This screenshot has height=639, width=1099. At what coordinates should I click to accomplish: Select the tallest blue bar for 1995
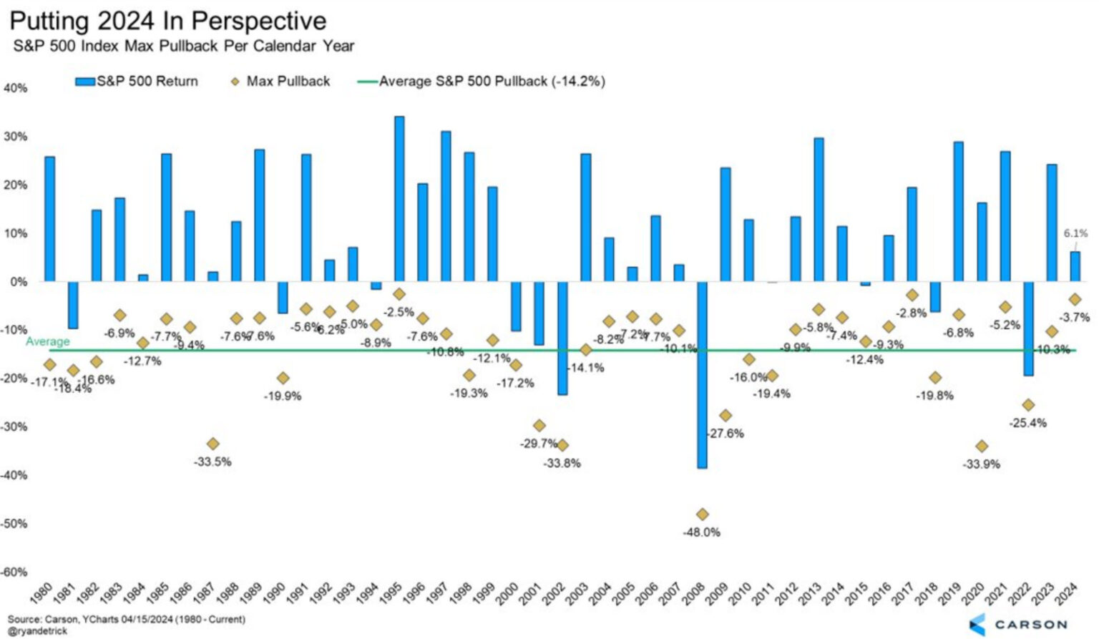point(399,198)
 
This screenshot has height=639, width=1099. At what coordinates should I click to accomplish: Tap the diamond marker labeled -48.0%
point(702,514)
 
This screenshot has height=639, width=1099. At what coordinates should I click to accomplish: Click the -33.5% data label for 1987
point(213,462)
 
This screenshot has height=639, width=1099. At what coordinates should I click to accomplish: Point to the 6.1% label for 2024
point(1075,233)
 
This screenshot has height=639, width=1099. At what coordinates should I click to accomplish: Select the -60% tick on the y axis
point(14,572)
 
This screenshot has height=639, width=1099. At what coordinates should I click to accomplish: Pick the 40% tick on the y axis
point(16,88)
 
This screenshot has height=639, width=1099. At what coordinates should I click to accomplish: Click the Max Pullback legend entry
point(288,82)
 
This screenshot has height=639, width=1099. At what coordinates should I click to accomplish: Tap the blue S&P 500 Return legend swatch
point(85,82)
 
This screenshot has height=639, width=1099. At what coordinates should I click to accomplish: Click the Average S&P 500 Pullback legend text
point(492,82)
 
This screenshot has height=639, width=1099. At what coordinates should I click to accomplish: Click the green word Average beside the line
point(47,341)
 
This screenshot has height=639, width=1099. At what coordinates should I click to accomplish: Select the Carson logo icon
point(977,624)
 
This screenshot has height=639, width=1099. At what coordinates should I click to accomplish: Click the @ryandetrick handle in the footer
point(37,631)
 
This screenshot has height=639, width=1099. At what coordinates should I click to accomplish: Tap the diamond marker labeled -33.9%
point(982,446)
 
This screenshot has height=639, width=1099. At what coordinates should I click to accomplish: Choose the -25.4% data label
point(1028,423)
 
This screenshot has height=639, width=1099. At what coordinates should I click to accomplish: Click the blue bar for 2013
point(819,209)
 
